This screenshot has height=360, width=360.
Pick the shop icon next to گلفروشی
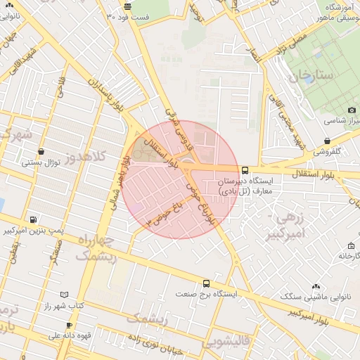coord(328,140)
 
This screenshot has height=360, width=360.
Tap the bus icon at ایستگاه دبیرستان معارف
coord(245,170)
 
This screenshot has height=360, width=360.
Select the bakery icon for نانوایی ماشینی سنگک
coord(315,286)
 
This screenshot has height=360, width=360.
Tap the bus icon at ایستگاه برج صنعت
coord(205,283)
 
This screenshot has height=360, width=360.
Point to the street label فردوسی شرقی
coord(176,127)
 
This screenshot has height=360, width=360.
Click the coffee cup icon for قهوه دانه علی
coord(69,325)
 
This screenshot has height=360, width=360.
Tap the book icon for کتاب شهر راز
coord(65,295)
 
